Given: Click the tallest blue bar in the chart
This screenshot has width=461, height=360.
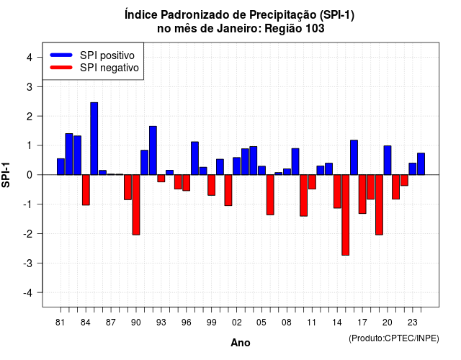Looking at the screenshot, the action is [94, 138].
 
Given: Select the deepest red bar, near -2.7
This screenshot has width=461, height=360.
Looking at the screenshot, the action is [346, 215].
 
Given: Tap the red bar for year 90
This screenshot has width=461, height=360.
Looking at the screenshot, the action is [136, 204].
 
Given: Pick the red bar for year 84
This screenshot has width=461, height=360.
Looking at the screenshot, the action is [86, 190].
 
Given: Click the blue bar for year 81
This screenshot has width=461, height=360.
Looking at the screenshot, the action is [61, 166].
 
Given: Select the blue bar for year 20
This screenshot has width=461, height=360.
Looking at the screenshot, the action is [388, 160].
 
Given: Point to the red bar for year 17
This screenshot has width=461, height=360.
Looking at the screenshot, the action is [362, 194].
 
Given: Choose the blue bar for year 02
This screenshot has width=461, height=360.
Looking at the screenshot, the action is [237, 166].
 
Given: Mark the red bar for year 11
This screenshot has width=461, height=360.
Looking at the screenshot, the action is [312, 182].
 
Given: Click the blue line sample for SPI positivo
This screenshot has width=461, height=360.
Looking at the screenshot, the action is [61, 55].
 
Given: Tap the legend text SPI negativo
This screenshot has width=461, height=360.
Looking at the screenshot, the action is [109, 68].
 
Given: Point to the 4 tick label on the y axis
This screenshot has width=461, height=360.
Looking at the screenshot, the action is [30, 58].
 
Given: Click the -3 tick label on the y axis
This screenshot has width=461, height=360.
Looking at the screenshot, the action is [27, 263].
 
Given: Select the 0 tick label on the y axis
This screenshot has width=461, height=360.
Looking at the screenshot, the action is [30, 175].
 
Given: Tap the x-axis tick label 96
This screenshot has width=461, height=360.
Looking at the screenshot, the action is [187, 323].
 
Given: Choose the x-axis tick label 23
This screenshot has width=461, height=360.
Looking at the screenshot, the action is [413, 323].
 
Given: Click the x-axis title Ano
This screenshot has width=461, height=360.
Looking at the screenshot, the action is [241, 343].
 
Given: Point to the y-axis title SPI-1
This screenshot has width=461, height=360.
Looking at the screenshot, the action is [6, 175].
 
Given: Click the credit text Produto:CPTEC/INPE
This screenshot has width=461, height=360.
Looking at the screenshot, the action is [394, 338].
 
